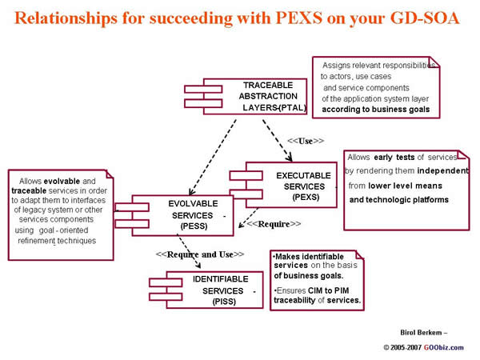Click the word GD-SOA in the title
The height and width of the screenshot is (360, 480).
tap(425, 18)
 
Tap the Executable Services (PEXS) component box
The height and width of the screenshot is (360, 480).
tap(289, 185)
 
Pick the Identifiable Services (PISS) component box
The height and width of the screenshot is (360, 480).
tap(211, 289)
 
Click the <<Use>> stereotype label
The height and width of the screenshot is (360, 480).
tap(306, 141)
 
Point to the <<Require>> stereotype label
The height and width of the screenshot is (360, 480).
tap(274, 225)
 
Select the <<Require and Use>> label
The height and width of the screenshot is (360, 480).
tap(199, 255)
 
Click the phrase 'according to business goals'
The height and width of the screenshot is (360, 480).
tap(376, 109)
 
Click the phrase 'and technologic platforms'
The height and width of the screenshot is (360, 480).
tap(399, 200)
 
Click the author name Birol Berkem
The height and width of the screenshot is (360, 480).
tap(419, 330)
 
